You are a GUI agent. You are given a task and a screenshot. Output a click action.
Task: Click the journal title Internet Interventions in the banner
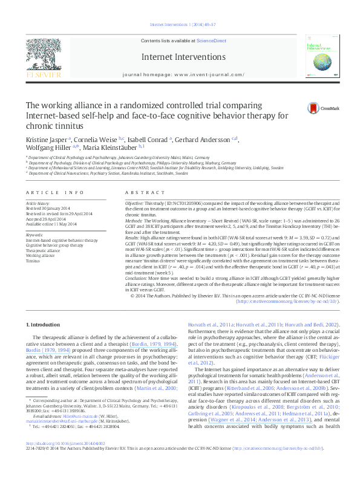(180, 56)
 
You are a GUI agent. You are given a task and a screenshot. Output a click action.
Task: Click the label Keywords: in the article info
(35, 235)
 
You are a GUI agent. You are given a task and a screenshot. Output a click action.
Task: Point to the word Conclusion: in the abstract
(137, 281)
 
